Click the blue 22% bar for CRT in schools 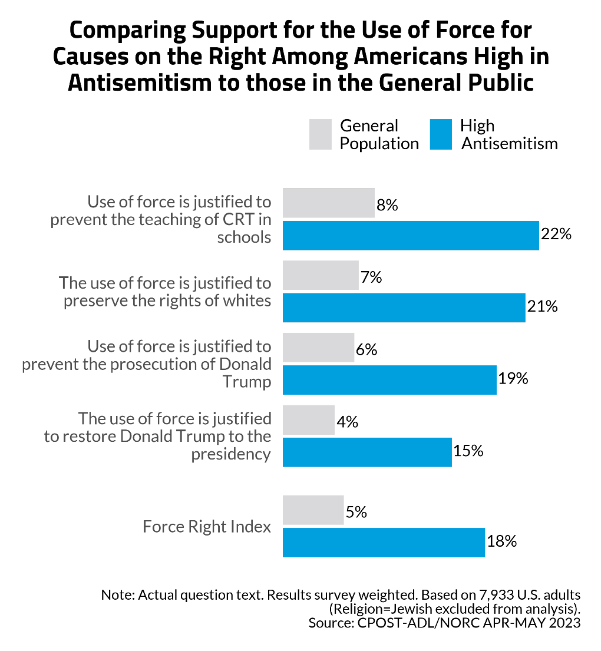[411, 236]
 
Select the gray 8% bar [329, 203]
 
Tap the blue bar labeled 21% [404, 308]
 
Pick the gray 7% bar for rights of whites [321, 275]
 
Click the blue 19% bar [389, 379]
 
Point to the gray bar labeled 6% [318, 348]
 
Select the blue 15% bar [367, 452]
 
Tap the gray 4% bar [308, 420]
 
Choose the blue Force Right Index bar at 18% [384, 542]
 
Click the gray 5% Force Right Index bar [313, 510]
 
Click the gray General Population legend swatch [321, 134]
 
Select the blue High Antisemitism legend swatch [441, 134]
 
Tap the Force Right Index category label [207, 526]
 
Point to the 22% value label [557, 234]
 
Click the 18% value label [502, 541]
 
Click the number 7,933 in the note [480, 594]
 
